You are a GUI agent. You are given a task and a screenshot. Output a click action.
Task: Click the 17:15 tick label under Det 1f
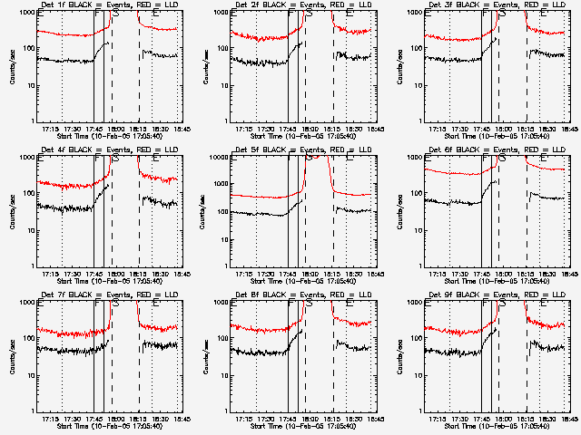(x=52, y=130)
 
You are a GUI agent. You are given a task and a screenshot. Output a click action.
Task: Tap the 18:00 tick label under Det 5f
(x=310, y=275)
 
